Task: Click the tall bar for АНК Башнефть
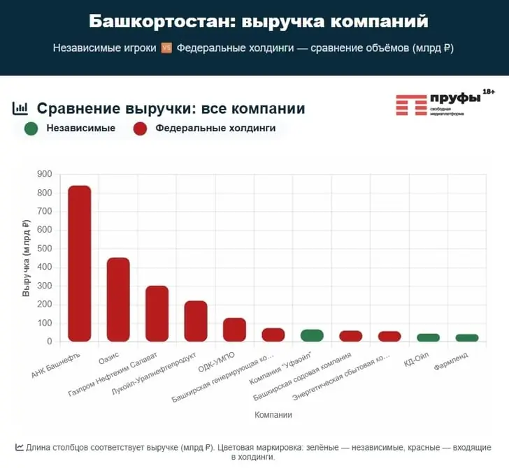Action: click(x=79, y=263)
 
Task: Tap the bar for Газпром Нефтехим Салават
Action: click(x=157, y=314)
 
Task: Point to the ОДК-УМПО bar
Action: click(x=235, y=330)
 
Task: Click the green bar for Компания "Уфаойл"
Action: click(x=312, y=335)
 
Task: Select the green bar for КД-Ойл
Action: click(x=428, y=337)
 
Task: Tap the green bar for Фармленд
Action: click(x=467, y=338)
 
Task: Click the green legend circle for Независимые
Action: click(x=31, y=129)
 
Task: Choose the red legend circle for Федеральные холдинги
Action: click(x=140, y=129)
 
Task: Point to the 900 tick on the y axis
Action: click(x=45, y=174)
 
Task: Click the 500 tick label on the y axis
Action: click(x=45, y=249)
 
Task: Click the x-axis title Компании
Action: click(x=273, y=415)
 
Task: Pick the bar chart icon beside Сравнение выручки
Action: click(x=21, y=108)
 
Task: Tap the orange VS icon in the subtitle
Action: click(x=166, y=48)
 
